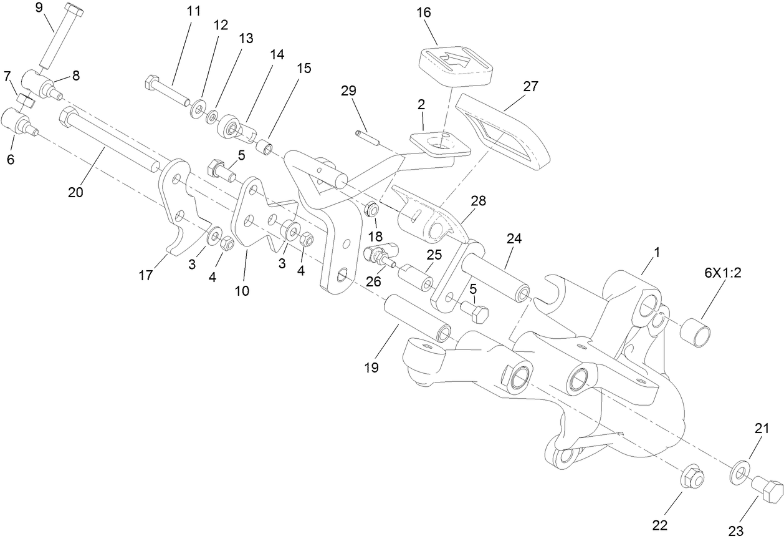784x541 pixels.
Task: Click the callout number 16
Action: [x=441, y=12]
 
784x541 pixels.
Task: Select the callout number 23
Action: [x=736, y=531]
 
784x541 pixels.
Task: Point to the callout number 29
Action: [x=348, y=90]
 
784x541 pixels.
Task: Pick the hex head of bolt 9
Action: [x=74, y=11]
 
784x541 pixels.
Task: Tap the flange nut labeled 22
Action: [x=691, y=477]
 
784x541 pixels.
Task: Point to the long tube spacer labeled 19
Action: [x=417, y=318]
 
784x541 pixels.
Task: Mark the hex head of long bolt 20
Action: [x=67, y=117]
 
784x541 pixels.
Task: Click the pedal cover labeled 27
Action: [x=505, y=132]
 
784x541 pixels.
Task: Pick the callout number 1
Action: [x=656, y=253]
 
